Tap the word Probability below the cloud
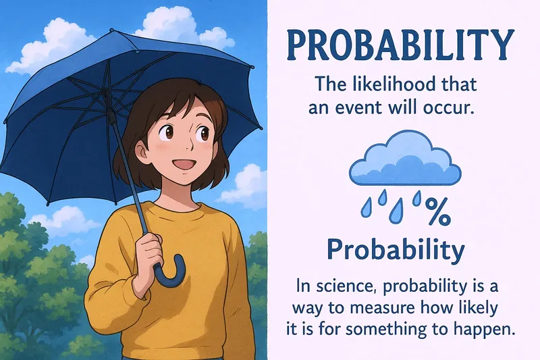click(x=396, y=250)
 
